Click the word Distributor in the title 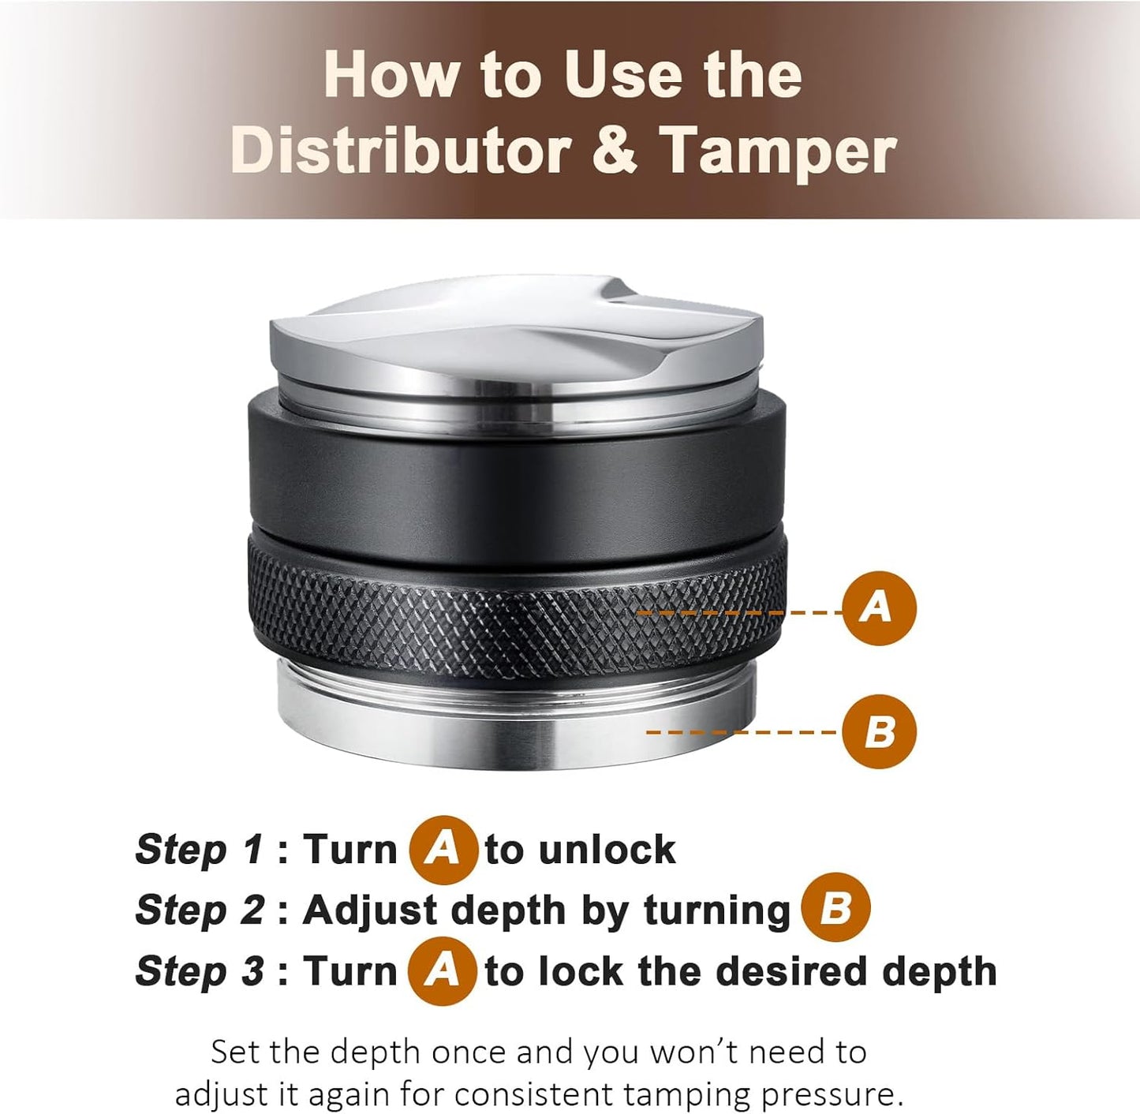401,150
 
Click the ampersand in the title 613,150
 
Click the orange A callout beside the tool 878,608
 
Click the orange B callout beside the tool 878,731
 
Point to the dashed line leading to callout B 742,732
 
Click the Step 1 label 199,850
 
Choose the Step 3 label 199,970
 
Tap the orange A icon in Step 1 443,850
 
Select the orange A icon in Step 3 442,970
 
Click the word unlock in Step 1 607,850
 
